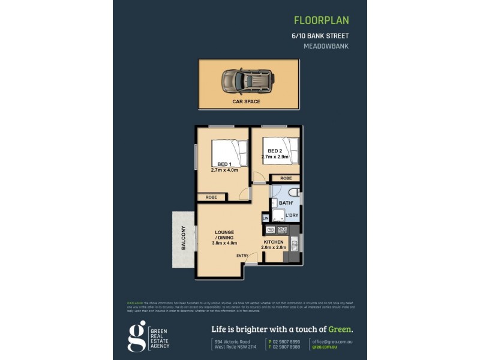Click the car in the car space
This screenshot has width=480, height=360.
[248, 80]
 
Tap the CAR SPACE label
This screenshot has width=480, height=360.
[247, 102]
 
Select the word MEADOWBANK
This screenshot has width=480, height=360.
[326, 46]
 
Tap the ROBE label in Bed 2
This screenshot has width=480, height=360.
[286, 178]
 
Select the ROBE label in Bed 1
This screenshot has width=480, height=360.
[211, 197]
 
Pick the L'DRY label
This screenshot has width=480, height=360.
[292, 215]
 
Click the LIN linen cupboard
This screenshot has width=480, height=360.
[265, 218]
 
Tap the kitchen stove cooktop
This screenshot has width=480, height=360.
[281, 230]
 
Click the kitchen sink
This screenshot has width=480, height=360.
[294, 244]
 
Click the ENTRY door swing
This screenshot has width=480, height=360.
[252, 258]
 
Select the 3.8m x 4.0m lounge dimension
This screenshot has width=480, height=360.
[224, 243]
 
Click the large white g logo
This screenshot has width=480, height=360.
[137, 335]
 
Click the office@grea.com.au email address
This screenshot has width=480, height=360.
[332, 340]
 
